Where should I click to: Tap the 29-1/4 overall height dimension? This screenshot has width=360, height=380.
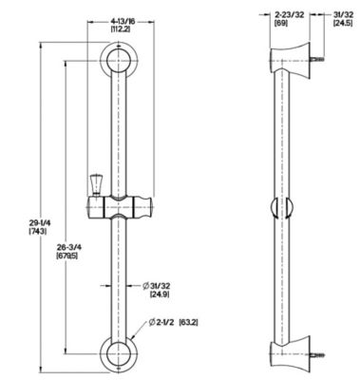point(29,222)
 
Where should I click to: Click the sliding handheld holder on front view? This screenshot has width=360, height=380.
point(122,204)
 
